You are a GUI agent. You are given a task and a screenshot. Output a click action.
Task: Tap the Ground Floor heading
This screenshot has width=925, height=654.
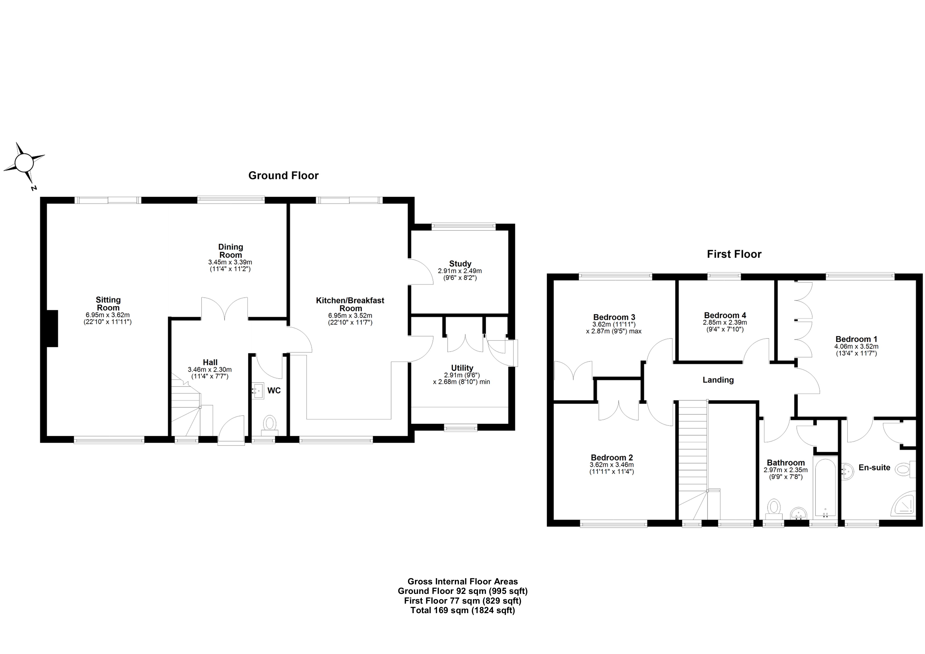point(283,176)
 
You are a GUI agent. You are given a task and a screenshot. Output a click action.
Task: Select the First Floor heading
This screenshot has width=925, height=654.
point(734,254)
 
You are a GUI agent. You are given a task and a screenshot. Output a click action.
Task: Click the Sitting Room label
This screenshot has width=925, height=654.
point(108,304)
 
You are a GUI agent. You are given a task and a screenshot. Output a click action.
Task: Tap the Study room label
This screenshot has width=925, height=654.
point(460,264)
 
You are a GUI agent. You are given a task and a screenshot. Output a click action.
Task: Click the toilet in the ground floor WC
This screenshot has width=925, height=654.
point(270,424)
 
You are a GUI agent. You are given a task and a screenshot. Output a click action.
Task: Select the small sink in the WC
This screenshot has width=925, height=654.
point(258,390)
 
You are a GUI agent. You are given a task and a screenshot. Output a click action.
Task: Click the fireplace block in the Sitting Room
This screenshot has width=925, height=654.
point(52,328)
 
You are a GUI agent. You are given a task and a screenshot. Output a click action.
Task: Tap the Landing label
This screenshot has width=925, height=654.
point(718,380)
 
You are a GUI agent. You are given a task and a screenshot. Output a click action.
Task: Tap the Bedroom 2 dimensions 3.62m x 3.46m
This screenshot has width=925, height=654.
point(612,465)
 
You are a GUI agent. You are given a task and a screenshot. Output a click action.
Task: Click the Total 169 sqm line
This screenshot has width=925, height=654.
point(463,610)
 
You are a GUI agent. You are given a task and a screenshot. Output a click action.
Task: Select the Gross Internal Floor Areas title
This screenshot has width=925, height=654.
point(463,581)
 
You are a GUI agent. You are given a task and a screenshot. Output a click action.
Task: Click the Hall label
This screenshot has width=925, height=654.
point(210,362)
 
